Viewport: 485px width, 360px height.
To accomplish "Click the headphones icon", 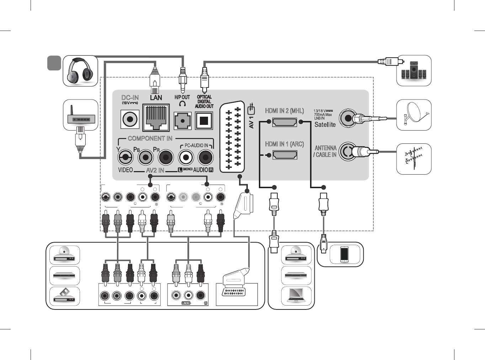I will (x=80, y=71).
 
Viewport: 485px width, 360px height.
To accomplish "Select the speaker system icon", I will (x=414, y=70).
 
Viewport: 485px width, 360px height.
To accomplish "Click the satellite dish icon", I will (x=414, y=115).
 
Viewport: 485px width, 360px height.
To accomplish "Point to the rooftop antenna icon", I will (x=414, y=159).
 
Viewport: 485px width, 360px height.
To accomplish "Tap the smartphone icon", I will (x=344, y=254).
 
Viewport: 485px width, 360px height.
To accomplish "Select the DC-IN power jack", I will (x=130, y=119).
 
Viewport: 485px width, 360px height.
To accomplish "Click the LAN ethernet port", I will (x=156, y=118).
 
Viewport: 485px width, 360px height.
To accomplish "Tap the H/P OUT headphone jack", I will (x=182, y=121).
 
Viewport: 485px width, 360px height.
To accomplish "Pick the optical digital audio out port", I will (x=204, y=121).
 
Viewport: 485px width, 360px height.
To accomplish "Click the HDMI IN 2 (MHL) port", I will (x=284, y=122).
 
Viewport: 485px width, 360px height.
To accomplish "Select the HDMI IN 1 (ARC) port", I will (x=284, y=155).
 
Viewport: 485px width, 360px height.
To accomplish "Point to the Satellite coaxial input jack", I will (x=347, y=118).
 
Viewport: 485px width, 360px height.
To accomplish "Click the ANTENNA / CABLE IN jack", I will (x=347, y=152).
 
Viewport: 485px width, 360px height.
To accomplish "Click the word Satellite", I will (x=325, y=125).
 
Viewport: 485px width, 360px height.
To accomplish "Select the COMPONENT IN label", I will (x=150, y=138).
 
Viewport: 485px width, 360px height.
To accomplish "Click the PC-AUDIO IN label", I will (x=196, y=145).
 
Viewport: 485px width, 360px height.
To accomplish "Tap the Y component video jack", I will (x=125, y=157).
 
